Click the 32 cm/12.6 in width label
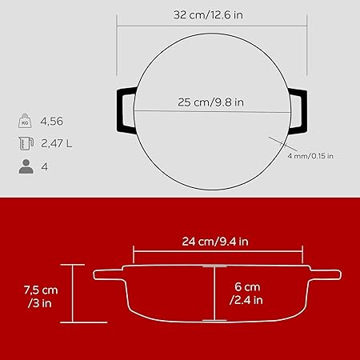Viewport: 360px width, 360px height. (x=210, y=14)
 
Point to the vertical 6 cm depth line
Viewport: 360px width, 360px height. (x=214, y=293)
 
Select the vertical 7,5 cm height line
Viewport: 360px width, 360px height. (x=72, y=294)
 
